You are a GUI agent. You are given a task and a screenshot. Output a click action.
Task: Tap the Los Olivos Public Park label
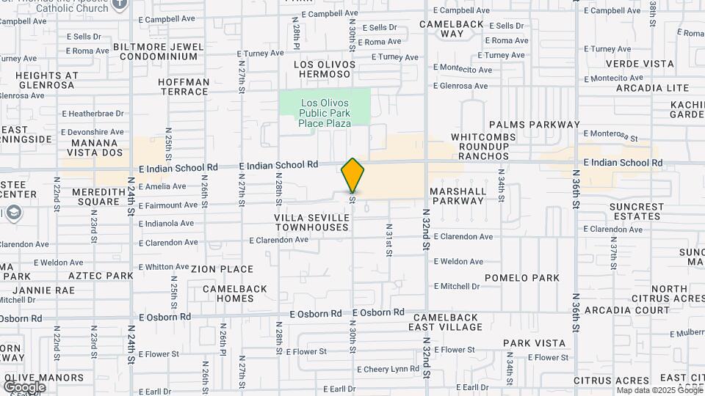point(325,113)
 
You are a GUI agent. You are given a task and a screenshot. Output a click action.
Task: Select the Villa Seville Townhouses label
point(311,223)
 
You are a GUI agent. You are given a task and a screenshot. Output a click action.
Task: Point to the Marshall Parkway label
point(458,196)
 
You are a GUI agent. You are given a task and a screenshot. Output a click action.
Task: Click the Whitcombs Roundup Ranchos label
point(480,147)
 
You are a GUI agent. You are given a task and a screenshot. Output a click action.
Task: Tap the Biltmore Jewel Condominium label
point(159,51)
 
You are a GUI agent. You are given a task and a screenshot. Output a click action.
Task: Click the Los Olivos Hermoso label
point(325,70)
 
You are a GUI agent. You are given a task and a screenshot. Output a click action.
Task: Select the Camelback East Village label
point(444,322)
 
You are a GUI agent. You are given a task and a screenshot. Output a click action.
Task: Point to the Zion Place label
point(222,269)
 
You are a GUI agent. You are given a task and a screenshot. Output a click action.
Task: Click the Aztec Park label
point(101,275)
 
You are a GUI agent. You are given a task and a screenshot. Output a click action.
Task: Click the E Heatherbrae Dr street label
point(93,114)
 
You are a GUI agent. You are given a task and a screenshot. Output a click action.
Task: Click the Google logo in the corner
point(24,386)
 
